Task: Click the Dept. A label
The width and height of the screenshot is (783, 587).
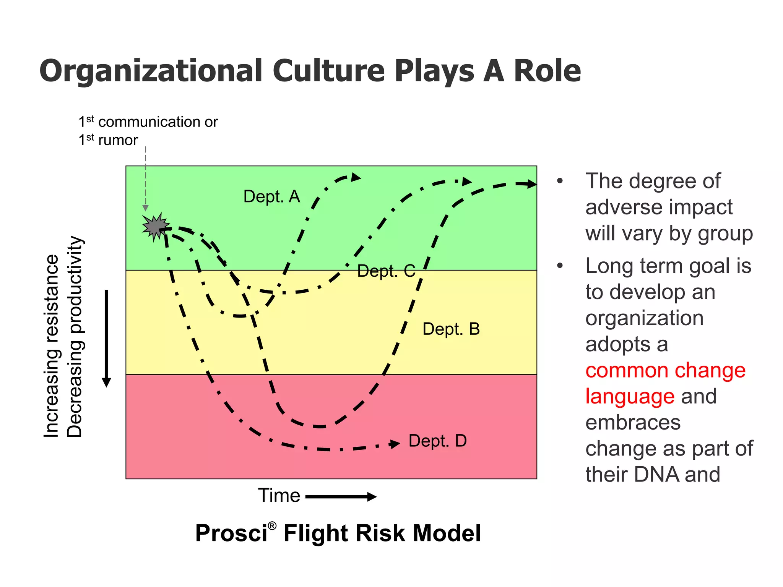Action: tap(271, 197)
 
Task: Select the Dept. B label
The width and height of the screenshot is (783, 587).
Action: tap(451, 329)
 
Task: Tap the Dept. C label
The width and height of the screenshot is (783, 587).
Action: tap(386, 271)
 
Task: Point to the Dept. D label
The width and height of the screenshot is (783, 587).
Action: tap(437, 441)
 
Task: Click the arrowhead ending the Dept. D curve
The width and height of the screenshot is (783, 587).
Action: tap(395, 444)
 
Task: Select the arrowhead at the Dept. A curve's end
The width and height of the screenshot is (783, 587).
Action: tap(356, 177)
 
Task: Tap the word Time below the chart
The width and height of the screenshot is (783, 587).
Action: tap(279, 496)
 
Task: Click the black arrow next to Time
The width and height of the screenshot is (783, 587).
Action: tap(341, 497)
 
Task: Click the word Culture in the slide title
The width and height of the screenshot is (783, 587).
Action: tap(328, 71)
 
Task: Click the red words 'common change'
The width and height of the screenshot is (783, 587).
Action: tap(665, 370)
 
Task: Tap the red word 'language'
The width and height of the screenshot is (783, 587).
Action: tap(630, 396)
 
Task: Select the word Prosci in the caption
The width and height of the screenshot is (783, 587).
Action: tap(231, 533)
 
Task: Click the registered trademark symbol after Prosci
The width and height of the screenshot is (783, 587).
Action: tap(272, 526)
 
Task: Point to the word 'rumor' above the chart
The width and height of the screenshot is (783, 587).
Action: tap(118, 140)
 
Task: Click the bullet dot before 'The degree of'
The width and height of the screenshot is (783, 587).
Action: tap(560, 181)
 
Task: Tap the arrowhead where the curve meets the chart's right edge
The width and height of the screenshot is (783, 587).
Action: tap(531, 184)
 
